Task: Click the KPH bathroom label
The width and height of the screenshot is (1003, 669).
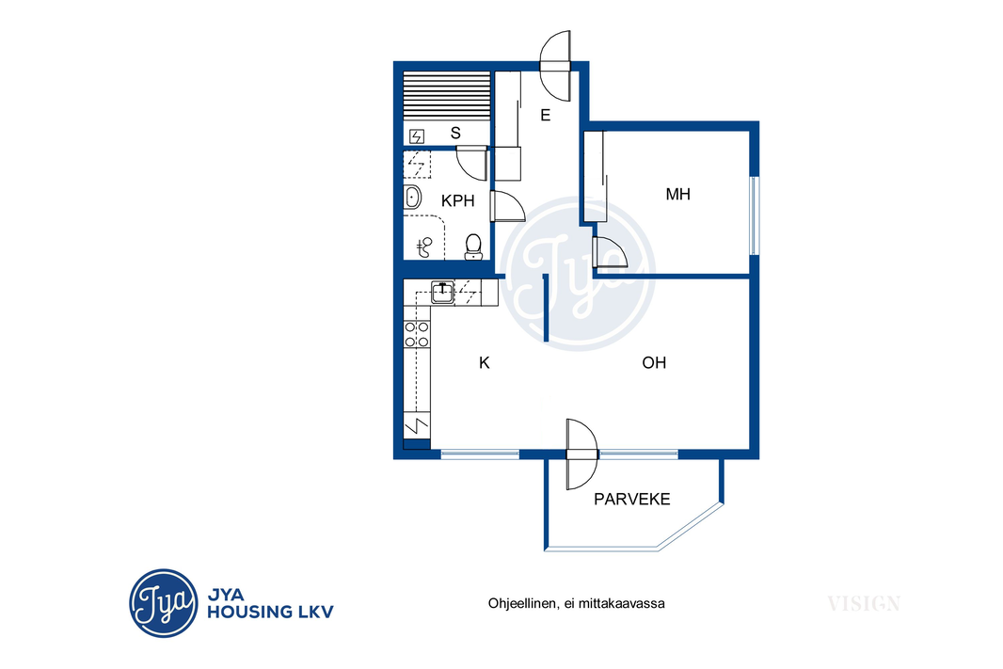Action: click(458, 200)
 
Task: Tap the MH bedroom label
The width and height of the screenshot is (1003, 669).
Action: click(678, 195)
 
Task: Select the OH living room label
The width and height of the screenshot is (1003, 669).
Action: click(654, 362)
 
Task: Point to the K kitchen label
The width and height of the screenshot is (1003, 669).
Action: click(485, 362)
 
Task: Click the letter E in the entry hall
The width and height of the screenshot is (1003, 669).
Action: click(546, 115)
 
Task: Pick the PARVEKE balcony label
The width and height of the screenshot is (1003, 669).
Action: click(632, 499)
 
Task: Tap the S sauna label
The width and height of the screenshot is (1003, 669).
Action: click(455, 133)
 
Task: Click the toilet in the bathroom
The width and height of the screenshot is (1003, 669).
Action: click(473, 247)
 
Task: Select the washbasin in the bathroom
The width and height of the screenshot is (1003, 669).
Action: click(412, 197)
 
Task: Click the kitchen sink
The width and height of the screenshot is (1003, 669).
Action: click(442, 292)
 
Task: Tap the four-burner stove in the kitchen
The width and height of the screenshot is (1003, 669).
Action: click(417, 335)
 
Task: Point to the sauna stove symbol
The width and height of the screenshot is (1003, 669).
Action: click(417, 136)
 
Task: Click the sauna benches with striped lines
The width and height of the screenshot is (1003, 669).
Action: click(447, 95)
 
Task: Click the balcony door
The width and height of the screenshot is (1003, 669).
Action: click(582, 454)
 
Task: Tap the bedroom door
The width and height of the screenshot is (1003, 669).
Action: click(609, 251)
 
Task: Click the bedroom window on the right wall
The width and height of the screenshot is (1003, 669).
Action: click(755, 215)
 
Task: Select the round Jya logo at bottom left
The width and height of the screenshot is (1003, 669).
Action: click(163, 603)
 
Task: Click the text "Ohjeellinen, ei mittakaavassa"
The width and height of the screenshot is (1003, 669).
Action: click(577, 603)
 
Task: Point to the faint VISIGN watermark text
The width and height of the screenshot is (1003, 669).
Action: click(864, 603)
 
